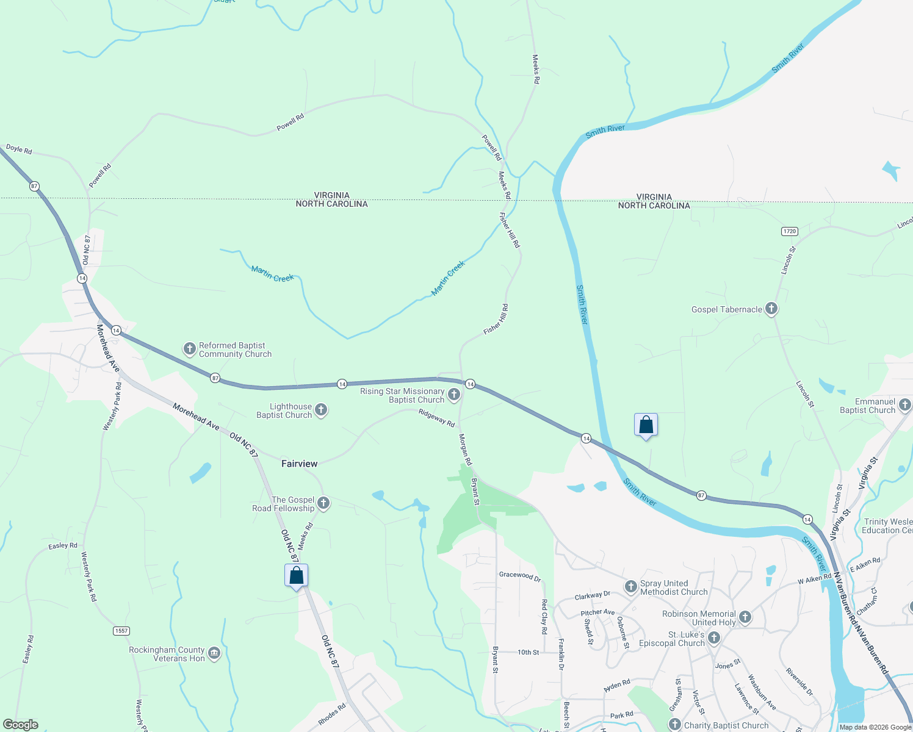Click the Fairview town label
coord(299,464)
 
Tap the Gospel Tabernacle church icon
coord(771,309)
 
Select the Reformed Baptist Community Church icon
coord(190,349)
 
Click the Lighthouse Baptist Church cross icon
coord(321,410)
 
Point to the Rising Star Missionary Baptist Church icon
coord(453,395)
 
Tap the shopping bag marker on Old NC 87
coord(296,575)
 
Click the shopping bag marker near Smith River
coord(646,425)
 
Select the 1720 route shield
coord(790,231)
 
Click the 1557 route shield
coord(121,630)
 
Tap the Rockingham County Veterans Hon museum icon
coord(214,653)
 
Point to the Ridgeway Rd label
coord(436,418)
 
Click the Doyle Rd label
coord(19,149)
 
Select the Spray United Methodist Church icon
coord(631,586)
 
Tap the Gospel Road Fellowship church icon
coord(323,503)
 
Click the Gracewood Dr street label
coord(519,575)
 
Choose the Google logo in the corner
coord(21,725)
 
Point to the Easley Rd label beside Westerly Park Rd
coord(63,545)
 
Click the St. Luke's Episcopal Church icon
coord(714,638)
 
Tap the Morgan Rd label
coord(465,450)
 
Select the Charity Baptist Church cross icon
coord(674,725)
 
